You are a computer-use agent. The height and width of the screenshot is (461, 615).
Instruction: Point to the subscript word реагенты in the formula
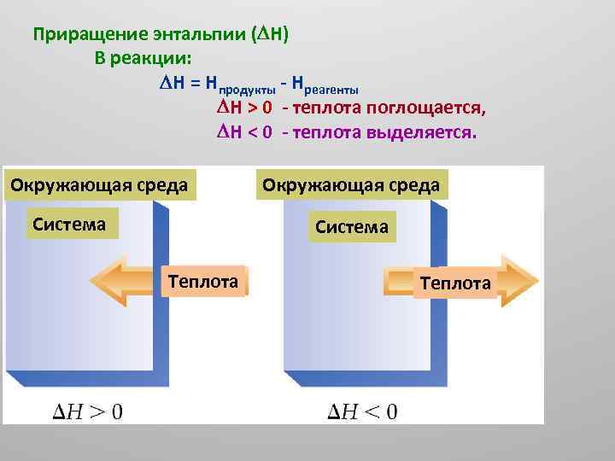tap(332, 88)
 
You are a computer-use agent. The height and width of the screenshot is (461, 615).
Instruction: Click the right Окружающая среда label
tap(351, 184)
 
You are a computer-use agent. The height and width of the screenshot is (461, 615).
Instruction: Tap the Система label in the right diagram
tap(351, 227)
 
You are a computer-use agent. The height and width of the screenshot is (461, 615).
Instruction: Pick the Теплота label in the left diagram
tap(203, 280)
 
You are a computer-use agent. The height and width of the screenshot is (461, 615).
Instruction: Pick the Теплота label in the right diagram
tap(455, 283)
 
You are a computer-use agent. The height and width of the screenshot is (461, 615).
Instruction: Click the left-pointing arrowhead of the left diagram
tap(107, 280)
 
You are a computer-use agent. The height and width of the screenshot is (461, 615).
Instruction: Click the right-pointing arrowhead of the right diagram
tap(518, 280)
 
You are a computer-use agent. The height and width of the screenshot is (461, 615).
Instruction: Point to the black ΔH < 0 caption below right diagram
tap(363, 412)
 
